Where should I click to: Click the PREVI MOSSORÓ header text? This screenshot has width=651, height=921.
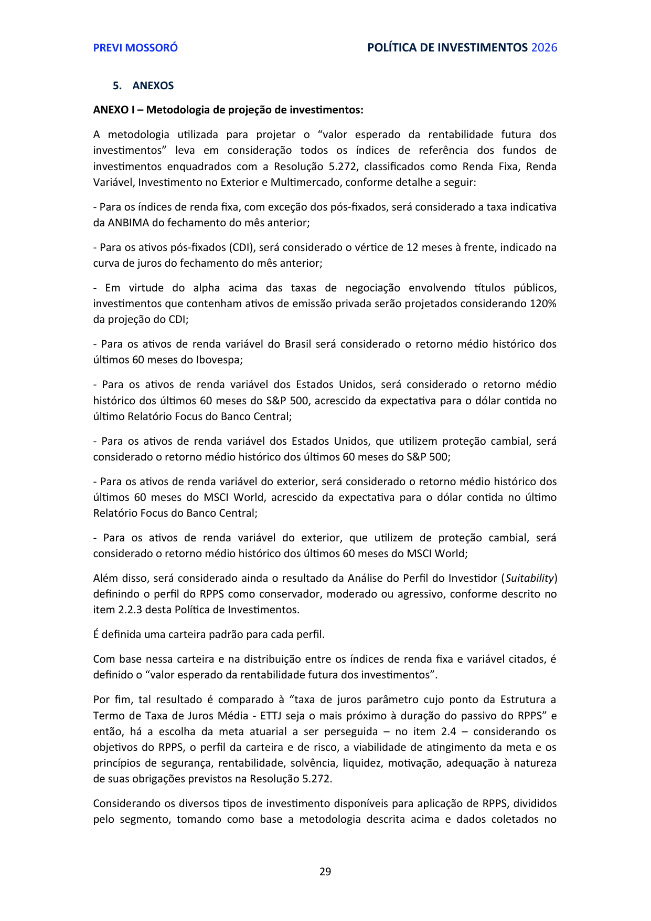135,48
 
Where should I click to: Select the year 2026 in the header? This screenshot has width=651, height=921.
544,48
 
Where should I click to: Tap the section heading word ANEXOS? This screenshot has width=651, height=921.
153,86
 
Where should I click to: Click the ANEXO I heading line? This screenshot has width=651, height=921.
228,110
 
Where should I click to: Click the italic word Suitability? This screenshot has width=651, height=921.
529,578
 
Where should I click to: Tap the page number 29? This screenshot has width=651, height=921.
325,872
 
